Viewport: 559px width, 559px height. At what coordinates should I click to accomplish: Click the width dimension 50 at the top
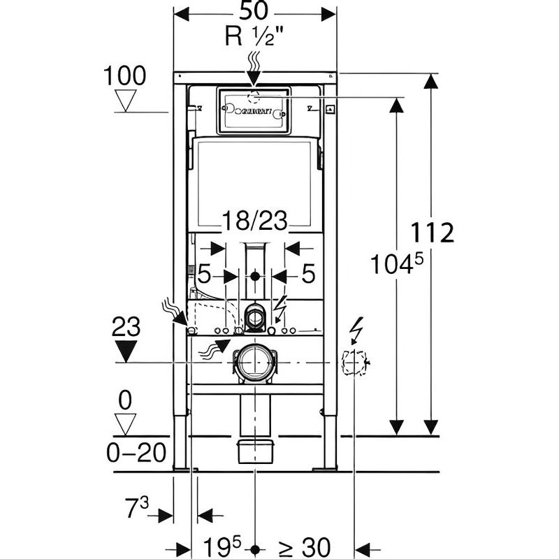pyautogui.click(x=255, y=13)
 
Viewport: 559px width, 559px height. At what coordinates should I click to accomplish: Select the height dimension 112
pyautogui.click(x=432, y=232)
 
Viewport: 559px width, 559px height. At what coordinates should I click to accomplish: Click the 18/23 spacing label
pyautogui.click(x=254, y=222)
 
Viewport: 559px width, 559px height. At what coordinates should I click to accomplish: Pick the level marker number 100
pyautogui.click(x=126, y=75)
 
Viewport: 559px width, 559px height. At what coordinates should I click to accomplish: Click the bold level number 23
pyautogui.click(x=126, y=327)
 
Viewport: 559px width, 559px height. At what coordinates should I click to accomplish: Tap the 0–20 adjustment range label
pyautogui.click(x=137, y=453)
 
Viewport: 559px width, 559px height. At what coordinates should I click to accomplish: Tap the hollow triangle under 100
pyautogui.click(x=126, y=101)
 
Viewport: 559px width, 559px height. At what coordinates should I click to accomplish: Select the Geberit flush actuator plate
pyautogui.click(x=253, y=110)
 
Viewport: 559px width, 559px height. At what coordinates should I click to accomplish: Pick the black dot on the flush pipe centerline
pyautogui.click(x=254, y=275)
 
